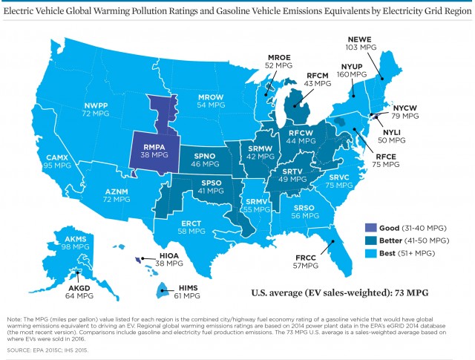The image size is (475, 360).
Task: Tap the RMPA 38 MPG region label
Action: [151, 151]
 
